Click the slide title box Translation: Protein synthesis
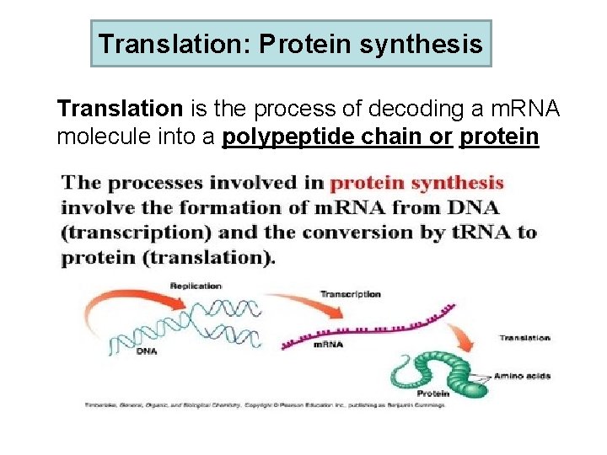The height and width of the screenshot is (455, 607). [x=291, y=44]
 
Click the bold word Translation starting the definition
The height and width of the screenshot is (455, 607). [x=120, y=109]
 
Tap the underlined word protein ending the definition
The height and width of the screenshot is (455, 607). [x=499, y=136]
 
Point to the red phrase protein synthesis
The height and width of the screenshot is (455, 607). [x=416, y=183]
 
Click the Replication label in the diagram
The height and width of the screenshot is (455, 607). [x=196, y=286]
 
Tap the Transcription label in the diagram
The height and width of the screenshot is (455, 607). [x=350, y=294]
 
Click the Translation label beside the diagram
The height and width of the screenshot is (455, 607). [x=524, y=338]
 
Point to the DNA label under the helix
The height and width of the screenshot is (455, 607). [x=146, y=351]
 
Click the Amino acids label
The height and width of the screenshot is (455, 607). [x=522, y=376]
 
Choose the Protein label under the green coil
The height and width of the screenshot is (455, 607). [x=432, y=393]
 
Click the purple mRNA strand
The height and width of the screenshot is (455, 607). [x=371, y=324]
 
